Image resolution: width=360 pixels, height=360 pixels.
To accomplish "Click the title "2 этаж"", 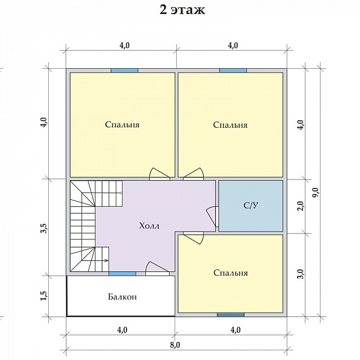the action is point(183,10).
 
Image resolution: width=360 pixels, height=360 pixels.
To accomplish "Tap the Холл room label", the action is point(149,226).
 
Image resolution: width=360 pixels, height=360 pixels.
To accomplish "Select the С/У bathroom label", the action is point(251,205).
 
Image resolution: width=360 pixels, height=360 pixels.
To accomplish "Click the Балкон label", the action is point(122,297).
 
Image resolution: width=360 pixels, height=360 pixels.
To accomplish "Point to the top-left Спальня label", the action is point(122,125).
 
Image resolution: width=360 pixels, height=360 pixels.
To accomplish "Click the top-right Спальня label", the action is point(230,125).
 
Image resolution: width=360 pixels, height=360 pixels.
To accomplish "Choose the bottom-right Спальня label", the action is point(231,273).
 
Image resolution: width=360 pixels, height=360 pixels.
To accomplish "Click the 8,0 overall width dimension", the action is point(175,345).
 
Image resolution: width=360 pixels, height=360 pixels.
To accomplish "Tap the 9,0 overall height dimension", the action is point(316,192).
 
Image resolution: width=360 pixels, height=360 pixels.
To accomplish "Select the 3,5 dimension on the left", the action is point(44,228).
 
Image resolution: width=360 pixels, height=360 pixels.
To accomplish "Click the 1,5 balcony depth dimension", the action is point(44,296).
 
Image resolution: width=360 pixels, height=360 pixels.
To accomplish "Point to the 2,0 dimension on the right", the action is point(301,206).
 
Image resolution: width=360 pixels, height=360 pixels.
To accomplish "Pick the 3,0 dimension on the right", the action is point(301,274).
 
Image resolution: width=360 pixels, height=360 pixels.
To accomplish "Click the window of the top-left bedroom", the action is point(125,71).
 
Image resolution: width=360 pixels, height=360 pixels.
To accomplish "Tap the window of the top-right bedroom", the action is point(233,71).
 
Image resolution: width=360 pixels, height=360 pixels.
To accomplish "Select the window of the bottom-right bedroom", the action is point(231,314).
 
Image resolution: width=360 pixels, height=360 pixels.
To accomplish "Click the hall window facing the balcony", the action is point(122,274).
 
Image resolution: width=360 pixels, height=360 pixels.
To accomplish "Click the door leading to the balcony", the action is point(157,269).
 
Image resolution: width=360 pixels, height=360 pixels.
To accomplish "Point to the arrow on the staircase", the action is point(95,260).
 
